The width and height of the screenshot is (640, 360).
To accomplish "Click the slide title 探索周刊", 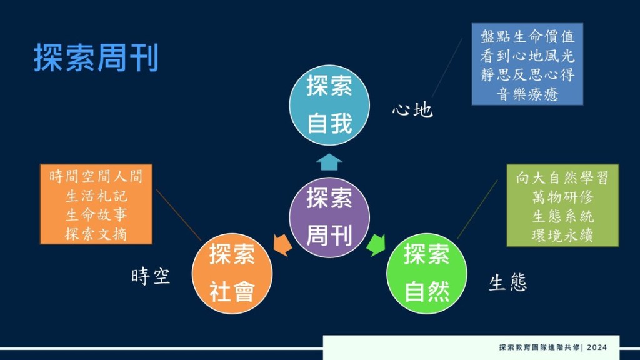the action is pyautogui.click(x=96, y=57).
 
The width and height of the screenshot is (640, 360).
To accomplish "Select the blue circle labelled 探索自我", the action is pyautogui.click(x=329, y=105).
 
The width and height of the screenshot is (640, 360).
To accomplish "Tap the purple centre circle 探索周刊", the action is pyautogui.click(x=329, y=217).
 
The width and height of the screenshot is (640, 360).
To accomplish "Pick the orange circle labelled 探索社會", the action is pyautogui.click(x=232, y=274).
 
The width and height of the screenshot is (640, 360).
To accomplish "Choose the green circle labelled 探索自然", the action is pyautogui.click(x=426, y=274).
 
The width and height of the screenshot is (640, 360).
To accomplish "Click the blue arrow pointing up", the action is pyautogui.click(x=329, y=162).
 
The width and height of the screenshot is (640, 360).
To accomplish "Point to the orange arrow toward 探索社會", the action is pyautogui.click(x=282, y=245).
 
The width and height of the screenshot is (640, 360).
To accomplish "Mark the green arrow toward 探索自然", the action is pyautogui.click(x=376, y=245).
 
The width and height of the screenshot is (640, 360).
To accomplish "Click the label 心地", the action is pyautogui.click(x=412, y=110).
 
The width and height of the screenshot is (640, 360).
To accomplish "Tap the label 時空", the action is pyautogui.click(x=151, y=276).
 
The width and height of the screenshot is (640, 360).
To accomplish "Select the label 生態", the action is pyautogui.click(x=507, y=282).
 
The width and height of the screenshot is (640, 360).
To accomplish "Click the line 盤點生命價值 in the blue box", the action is pyautogui.click(x=527, y=36).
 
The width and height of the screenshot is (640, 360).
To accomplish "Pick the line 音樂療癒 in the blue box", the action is pyautogui.click(x=527, y=94).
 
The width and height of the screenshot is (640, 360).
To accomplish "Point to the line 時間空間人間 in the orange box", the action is pyautogui.click(x=96, y=176).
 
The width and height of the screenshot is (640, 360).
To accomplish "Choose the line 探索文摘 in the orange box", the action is pyautogui.click(x=96, y=234).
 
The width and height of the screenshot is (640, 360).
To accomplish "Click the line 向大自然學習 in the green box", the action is pyautogui.click(x=562, y=177).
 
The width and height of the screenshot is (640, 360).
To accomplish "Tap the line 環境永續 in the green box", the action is pyautogui.click(x=562, y=236).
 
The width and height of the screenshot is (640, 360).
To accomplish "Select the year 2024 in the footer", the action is pyautogui.click(x=597, y=347).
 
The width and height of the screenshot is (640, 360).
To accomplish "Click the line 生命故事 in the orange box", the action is pyautogui.click(x=96, y=215).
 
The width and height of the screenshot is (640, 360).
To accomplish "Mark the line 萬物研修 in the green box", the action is pyautogui.click(x=562, y=197).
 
